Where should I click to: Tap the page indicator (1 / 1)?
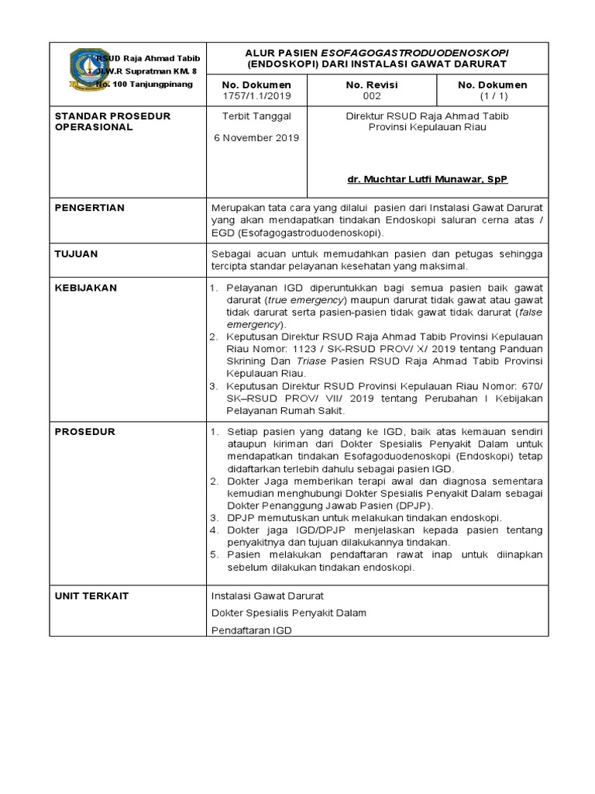492,96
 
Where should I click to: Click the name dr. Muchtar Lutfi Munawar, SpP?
427,179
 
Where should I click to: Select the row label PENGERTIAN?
89,208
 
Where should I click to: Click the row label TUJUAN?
76,254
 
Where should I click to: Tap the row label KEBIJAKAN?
85,288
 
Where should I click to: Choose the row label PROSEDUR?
84,431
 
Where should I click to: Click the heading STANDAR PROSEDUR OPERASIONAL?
112,122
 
